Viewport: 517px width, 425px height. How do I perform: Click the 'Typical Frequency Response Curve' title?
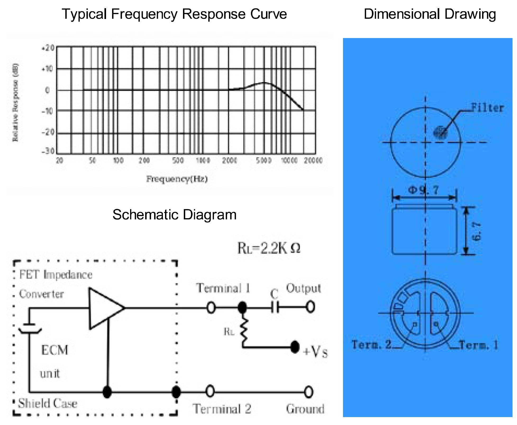(x=174, y=14)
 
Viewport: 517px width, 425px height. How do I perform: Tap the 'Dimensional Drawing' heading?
(x=429, y=14)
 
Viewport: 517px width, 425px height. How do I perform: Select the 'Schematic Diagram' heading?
(x=174, y=214)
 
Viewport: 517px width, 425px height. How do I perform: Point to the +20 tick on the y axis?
(x=48, y=48)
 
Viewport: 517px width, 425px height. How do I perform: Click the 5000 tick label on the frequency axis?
(x=264, y=160)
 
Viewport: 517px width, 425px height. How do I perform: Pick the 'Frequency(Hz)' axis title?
(x=177, y=179)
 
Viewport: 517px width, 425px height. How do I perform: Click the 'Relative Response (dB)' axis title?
(x=16, y=102)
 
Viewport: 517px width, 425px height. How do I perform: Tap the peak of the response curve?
(x=264, y=83)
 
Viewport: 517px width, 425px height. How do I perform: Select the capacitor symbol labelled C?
(x=275, y=307)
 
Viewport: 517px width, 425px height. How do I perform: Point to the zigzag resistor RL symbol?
(x=244, y=330)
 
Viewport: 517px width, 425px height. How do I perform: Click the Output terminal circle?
(x=310, y=307)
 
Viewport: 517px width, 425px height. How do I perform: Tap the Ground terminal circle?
(x=308, y=392)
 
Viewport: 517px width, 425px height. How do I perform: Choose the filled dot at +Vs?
(x=295, y=347)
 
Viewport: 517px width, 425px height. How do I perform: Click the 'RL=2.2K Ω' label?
(x=269, y=248)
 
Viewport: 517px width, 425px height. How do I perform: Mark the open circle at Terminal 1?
(x=211, y=308)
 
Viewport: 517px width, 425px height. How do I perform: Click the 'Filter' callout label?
(x=487, y=108)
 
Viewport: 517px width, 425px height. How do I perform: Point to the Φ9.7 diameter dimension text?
(x=424, y=190)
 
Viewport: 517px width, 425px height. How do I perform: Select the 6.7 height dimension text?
(x=476, y=231)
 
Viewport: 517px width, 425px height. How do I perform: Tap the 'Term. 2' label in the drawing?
(x=372, y=344)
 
